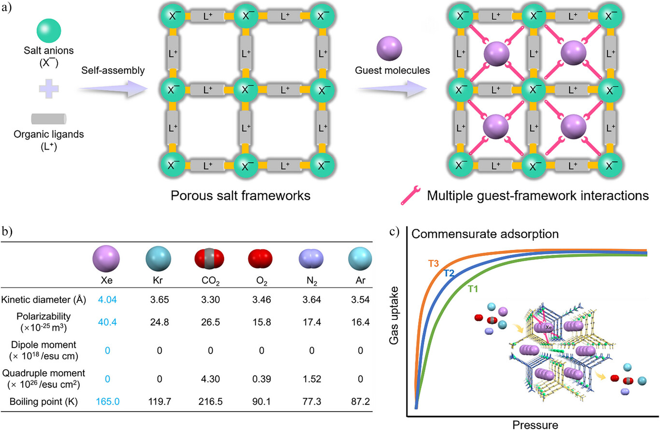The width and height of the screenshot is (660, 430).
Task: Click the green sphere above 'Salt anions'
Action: tap(49, 30)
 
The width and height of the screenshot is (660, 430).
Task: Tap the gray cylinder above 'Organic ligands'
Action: tap(49, 119)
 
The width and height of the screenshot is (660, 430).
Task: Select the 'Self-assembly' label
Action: tap(113, 70)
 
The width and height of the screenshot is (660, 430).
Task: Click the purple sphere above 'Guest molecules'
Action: tap(389, 48)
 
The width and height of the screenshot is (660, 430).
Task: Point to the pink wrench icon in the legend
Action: tap(410, 195)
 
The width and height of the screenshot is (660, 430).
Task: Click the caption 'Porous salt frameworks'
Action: tap(240, 195)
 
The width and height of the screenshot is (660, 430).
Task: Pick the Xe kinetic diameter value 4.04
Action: tap(107, 300)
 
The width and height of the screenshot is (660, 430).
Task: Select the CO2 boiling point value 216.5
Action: tap(211, 402)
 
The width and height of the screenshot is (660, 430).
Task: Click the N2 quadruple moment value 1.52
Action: tap(312, 379)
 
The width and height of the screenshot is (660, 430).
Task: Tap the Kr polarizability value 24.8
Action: tap(159, 322)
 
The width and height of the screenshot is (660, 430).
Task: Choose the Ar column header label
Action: tap(360, 280)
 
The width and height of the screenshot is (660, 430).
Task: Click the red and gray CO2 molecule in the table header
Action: tap(209, 259)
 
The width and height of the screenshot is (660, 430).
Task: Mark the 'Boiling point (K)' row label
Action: tap(43, 402)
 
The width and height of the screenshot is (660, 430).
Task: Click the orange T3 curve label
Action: tap(434, 264)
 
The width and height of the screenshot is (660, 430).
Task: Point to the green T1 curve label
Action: tap(473, 289)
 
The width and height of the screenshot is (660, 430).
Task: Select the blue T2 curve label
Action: tap(449, 274)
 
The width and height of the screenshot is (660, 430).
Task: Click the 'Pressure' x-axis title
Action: tap(535, 425)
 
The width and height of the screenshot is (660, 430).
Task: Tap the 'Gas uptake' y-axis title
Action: tap(393, 316)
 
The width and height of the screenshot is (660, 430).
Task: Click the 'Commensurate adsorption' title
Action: tap(485, 234)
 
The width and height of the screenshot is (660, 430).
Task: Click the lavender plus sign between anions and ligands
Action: tap(49, 89)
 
